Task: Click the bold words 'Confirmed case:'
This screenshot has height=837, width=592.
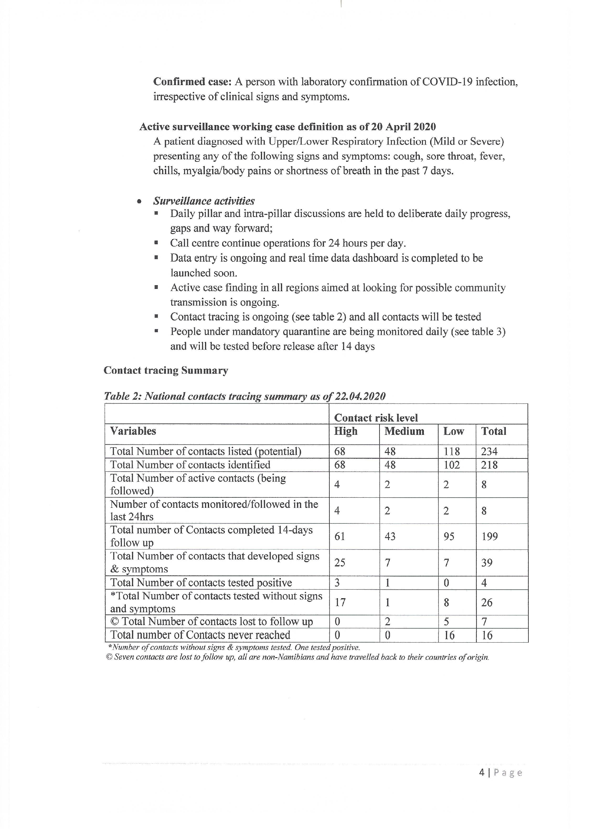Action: tap(192, 82)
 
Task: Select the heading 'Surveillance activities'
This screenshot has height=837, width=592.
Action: tap(204, 201)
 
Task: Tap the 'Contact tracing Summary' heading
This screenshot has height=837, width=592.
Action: tap(166, 370)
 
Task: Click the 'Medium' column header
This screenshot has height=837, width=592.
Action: tap(404, 431)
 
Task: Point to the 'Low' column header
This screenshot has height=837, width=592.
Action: tap(453, 431)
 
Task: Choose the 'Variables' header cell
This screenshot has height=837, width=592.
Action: tap(133, 431)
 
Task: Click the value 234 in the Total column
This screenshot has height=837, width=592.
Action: tap(489, 452)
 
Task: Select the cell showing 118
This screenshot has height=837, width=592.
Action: tap(452, 452)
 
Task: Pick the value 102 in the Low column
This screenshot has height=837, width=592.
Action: tap(452, 465)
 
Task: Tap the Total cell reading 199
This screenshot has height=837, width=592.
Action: tap(489, 537)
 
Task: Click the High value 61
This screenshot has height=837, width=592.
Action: tap(340, 537)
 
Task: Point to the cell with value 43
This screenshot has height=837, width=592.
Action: tap(390, 537)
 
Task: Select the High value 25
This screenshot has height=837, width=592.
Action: tap(340, 562)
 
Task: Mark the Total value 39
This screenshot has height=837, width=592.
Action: tap(487, 562)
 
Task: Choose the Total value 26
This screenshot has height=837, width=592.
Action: tap(487, 602)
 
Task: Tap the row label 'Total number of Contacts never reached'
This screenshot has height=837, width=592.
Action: tap(200, 635)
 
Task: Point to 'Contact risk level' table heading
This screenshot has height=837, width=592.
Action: tap(376, 418)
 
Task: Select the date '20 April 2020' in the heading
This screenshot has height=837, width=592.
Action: tap(404, 127)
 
